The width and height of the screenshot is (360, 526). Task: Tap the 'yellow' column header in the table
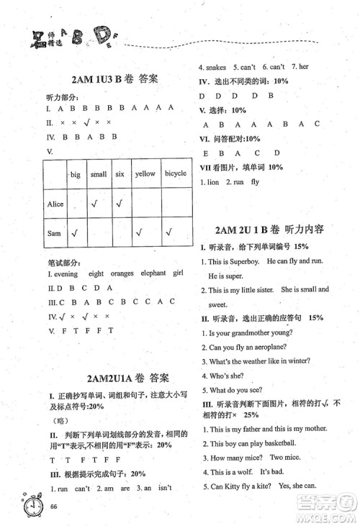(x=145, y=173)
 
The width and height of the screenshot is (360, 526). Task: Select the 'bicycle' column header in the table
(x=175, y=173)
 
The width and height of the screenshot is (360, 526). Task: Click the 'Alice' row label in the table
(x=55, y=204)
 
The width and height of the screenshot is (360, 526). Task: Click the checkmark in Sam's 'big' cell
(x=75, y=232)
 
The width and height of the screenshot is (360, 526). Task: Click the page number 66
(x=54, y=507)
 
